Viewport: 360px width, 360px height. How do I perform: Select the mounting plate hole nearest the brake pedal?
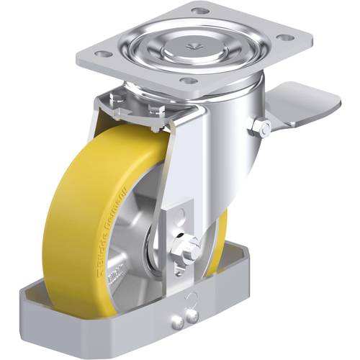pos(285,37)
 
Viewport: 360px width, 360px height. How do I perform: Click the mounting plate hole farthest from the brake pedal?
pos(102,54)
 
